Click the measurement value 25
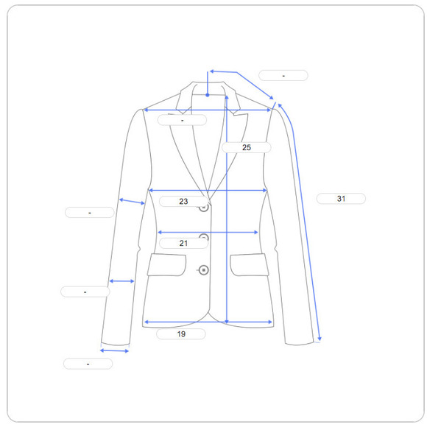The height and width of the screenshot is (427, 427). point(247,147)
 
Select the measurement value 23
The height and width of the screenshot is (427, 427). point(183,201)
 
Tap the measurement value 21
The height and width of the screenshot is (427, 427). point(183,243)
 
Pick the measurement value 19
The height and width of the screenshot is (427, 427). point(181,334)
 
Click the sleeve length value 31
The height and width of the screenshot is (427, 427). point(341,199)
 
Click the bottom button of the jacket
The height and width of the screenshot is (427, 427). point(203,270)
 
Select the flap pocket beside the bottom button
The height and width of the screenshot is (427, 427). point(166,265)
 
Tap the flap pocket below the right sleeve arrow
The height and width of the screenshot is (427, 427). point(250,265)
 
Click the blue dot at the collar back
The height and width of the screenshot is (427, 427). point(208,95)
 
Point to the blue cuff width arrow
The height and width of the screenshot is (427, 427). point(114,350)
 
